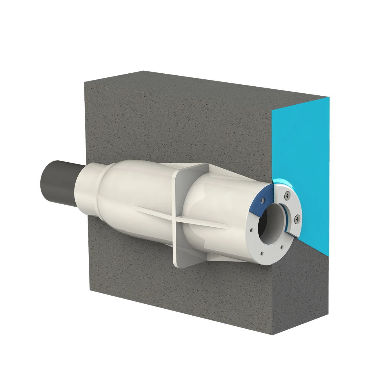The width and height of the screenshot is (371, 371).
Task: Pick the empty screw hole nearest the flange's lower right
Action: click(282, 248)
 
